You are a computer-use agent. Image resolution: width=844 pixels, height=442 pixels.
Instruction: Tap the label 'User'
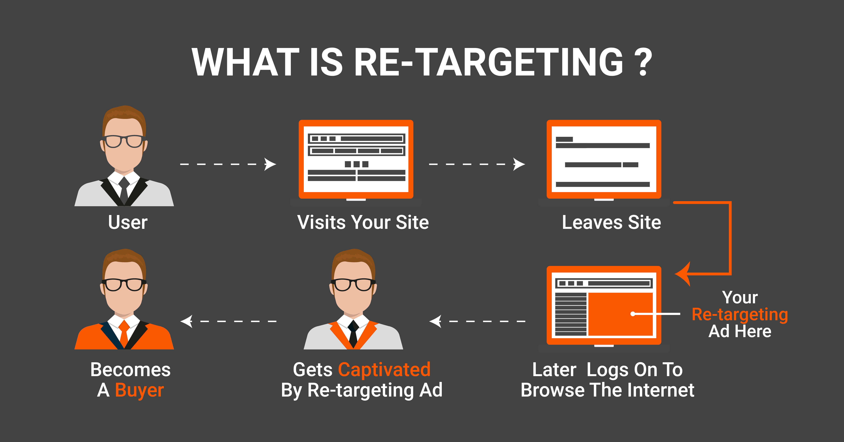click(128, 222)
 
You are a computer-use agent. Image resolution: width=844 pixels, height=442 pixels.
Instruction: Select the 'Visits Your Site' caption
click(363, 222)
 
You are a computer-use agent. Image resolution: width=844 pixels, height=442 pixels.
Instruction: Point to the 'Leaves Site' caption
click(611, 222)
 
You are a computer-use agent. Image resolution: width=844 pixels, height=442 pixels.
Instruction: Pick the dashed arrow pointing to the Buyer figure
click(228, 321)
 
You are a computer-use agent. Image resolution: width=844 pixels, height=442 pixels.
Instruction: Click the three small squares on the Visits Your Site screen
click(356, 164)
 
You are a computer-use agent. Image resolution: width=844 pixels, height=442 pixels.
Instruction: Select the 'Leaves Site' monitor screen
click(604, 159)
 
